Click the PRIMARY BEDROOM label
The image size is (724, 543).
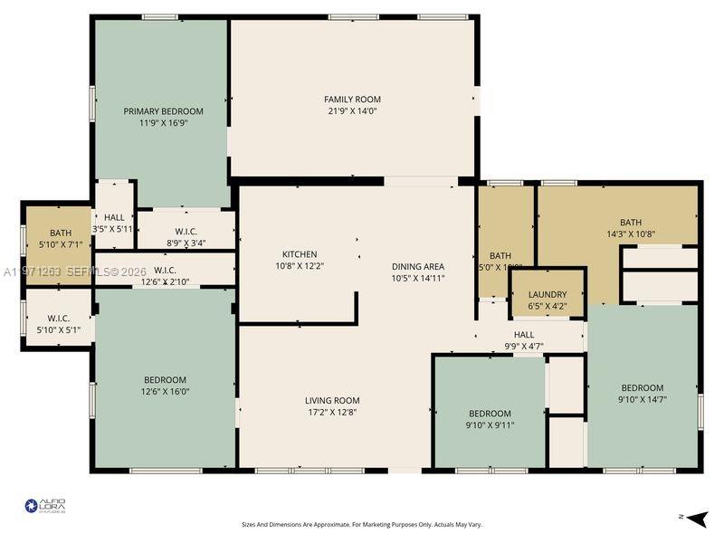(x=163, y=111)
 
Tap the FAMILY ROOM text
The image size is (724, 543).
(x=352, y=100)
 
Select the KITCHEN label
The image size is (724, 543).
(x=300, y=254)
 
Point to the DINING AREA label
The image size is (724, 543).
(x=417, y=266)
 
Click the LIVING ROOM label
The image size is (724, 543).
(x=332, y=400)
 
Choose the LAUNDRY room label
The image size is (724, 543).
(x=548, y=294)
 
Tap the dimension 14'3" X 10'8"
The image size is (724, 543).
(x=630, y=233)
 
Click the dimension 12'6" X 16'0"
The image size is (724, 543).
(x=165, y=391)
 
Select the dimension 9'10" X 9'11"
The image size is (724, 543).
(x=490, y=424)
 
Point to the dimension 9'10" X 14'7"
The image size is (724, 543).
(x=642, y=399)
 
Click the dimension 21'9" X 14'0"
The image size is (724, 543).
(x=352, y=111)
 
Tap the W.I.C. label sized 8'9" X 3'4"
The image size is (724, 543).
(x=186, y=243)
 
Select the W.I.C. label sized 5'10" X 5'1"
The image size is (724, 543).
(x=60, y=329)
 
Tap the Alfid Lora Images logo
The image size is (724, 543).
(x=45, y=506)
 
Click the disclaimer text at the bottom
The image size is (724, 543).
(x=361, y=524)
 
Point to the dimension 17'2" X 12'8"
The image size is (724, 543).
(x=332, y=412)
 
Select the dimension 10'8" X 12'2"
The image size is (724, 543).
(x=300, y=266)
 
